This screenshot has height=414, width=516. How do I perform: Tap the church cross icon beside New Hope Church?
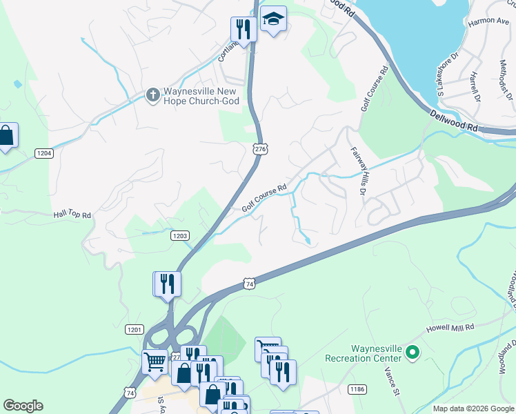tap(152, 92)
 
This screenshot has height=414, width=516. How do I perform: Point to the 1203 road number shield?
tap(180, 236)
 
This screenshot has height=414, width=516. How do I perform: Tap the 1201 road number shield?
tap(135, 330)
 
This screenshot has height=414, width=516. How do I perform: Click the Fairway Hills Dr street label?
tap(357, 170)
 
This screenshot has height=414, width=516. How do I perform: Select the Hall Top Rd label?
tap(72, 215)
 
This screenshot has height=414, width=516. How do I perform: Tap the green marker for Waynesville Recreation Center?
tap(413, 353)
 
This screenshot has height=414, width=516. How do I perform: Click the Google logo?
tap(23, 406)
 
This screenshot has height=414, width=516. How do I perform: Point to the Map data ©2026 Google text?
tap(473, 408)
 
